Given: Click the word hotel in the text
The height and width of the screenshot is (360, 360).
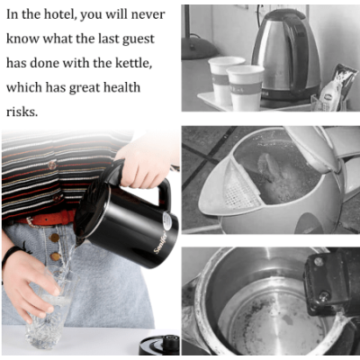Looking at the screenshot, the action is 58,14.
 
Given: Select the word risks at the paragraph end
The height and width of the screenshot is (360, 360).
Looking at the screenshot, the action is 22,112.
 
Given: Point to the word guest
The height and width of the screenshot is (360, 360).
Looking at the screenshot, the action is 139,40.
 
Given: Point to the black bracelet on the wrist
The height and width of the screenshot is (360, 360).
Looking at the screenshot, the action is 11,255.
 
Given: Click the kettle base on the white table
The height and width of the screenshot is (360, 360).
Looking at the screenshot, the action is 159,345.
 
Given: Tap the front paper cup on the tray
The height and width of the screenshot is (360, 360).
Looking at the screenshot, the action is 245,88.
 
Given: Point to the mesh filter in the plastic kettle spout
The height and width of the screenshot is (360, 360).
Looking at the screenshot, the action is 238,186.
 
